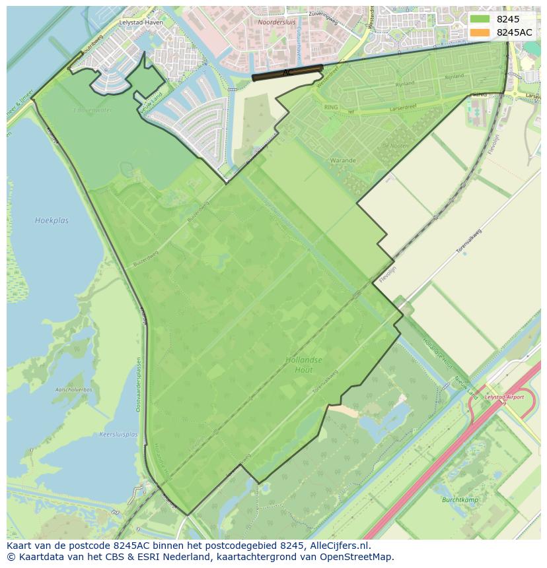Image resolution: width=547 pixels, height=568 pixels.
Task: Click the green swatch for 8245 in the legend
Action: pyautogui.click(x=480, y=19)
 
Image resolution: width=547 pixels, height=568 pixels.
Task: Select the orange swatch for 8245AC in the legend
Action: pyautogui.click(x=480, y=32)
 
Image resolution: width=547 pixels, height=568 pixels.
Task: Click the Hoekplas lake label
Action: pyautogui.click(x=52, y=220)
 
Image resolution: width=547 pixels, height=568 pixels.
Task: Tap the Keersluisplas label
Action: pyautogui.click(x=118, y=434)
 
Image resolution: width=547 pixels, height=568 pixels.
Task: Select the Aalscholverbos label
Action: pyautogui.click(x=69, y=390)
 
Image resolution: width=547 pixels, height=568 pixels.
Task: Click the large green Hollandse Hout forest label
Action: pyautogui.click(x=304, y=365)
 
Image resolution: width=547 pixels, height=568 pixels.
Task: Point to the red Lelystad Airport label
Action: pyautogui.click(x=504, y=397)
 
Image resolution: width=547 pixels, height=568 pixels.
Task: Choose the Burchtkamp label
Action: pyautogui.click(x=459, y=499)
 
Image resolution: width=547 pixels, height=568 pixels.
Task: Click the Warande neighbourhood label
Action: pyautogui.click(x=343, y=160)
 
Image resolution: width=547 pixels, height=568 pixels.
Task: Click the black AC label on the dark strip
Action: pyautogui.click(x=286, y=72)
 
